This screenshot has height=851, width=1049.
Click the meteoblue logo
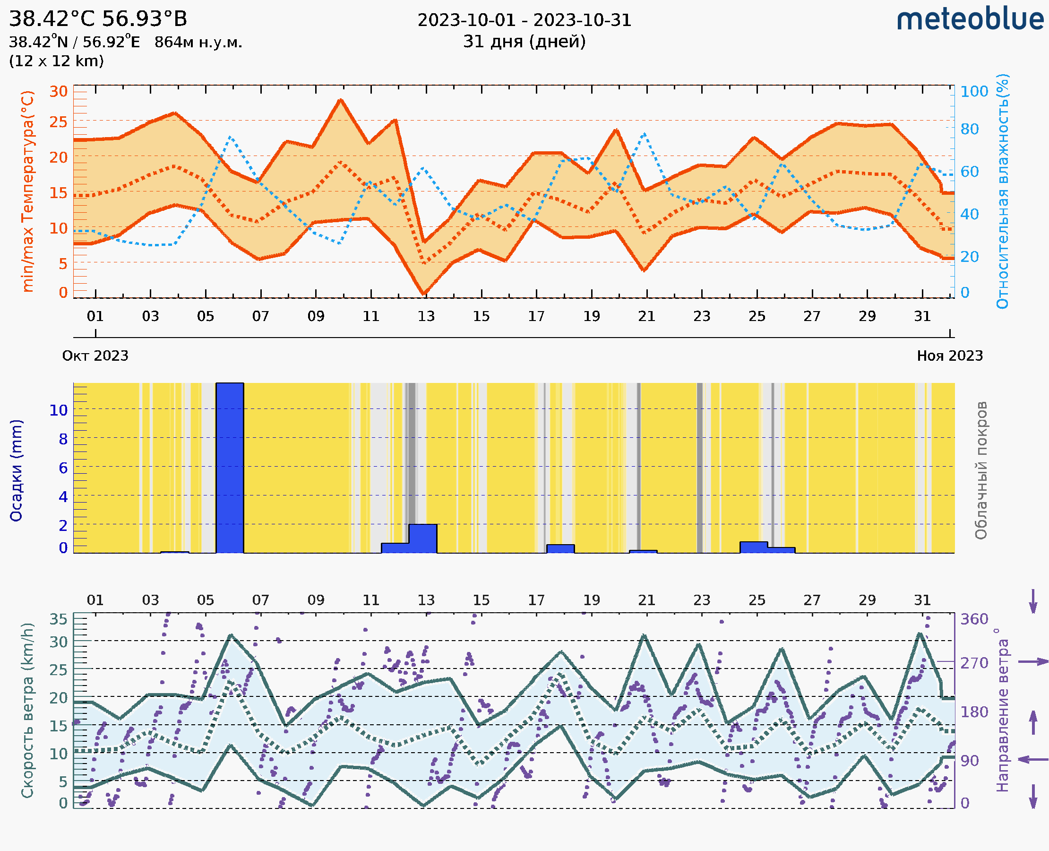pyautogui.click(x=970, y=19)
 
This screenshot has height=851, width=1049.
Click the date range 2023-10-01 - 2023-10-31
pyautogui.click(x=524, y=20)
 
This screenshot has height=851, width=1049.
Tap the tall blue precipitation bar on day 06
pyautogui.click(x=230, y=468)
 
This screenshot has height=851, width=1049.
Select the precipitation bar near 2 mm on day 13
pyautogui.click(x=422, y=538)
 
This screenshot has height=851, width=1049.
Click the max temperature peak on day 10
pyautogui.click(x=341, y=100)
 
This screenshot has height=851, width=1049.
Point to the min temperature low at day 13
pyautogui.click(x=424, y=293)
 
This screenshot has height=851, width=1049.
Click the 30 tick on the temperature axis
pyautogui.click(x=58, y=91)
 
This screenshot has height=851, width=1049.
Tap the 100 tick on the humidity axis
pyautogui.click(x=974, y=91)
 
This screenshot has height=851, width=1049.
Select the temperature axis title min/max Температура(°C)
pyautogui.click(x=28, y=191)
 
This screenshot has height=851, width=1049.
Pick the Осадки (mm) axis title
pyautogui.click(x=16, y=470)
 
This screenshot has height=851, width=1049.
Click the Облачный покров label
pyautogui.click(x=980, y=470)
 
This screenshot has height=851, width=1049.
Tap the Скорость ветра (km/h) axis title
pyautogui.click(x=27, y=711)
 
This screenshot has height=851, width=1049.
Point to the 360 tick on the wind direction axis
pyautogui.click(x=974, y=619)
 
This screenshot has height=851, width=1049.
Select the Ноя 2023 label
pyautogui.click(x=950, y=356)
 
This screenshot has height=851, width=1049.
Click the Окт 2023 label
pyautogui.click(x=95, y=356)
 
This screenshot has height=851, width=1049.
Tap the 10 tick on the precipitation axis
pyautogui.click(x=58, y=410)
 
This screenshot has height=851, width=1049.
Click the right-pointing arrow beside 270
pyautogui.click(x=1033, y=662)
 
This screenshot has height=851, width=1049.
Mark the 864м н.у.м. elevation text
pyautogui.click(x=198, y=43)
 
